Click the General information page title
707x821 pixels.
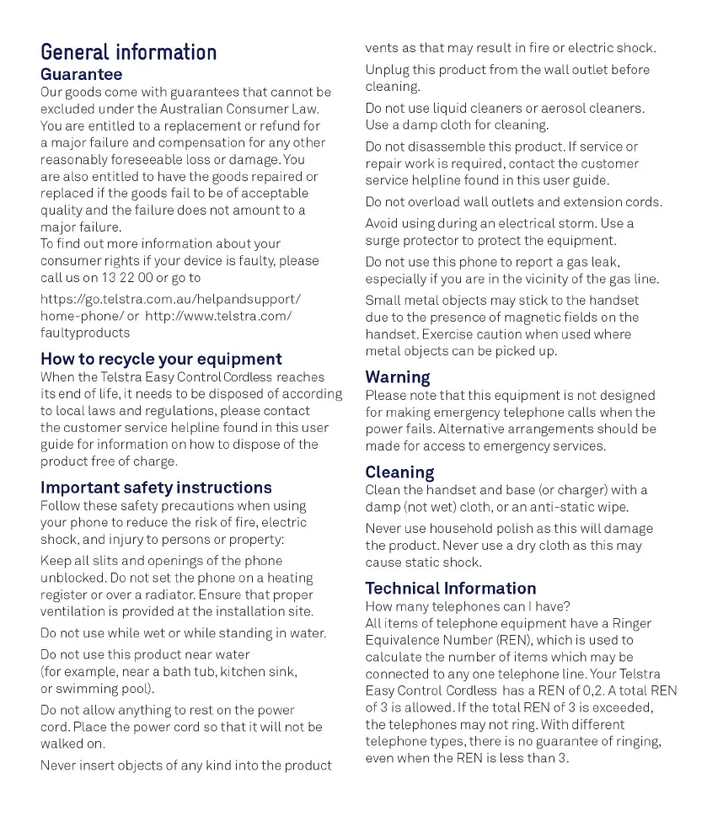[x=128, y=52]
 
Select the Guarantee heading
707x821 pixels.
[x=82, y=74]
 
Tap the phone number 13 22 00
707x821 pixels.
[x=126, y=277]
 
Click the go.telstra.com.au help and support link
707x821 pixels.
[x=170, y=299]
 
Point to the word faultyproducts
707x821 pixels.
[x=85, y=333]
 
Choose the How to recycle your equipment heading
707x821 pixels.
[x=161, y=359]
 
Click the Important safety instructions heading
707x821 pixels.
[x=156, y=488]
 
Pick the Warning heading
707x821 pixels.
[x=398, y=377]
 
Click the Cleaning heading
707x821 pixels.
[x=399, y=472]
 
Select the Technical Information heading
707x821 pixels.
[x=450, y=588]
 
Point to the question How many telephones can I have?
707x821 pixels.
[x=468, y=606]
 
